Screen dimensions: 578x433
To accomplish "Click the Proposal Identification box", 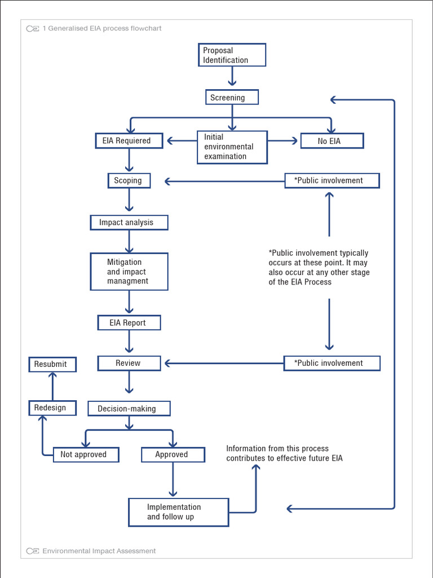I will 232,55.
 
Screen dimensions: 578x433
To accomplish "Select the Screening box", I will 232,98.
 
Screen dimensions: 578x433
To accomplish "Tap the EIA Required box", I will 129,141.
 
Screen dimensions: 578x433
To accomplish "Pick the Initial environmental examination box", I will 232,147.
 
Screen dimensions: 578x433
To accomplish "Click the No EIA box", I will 332,141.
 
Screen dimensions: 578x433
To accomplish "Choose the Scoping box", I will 129,181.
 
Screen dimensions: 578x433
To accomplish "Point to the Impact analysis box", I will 129,222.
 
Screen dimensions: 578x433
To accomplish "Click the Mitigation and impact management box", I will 129,272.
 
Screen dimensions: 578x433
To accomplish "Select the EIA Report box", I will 129,323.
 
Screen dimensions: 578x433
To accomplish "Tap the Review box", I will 129,363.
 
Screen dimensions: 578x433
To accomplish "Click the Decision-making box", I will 129,409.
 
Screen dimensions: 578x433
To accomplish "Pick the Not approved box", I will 86,454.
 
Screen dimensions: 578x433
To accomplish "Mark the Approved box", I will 173,454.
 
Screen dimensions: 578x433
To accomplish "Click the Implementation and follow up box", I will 179,512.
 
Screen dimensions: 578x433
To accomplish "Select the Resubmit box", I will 52,364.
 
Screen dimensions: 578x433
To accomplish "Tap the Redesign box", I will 52,408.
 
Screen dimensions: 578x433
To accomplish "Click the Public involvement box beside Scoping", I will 332,181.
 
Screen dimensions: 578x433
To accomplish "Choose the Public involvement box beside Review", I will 332,363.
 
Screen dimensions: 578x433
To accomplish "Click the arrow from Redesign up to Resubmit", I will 52,386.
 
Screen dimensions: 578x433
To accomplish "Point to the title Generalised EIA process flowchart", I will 101,28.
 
